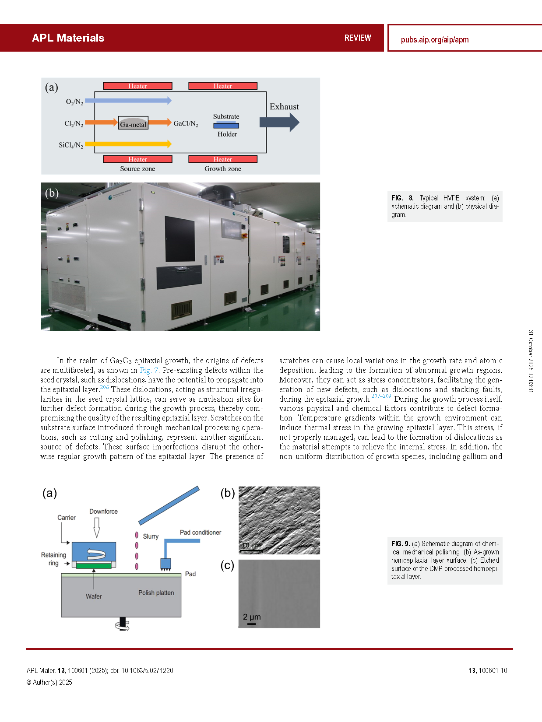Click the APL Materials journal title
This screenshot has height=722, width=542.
68,38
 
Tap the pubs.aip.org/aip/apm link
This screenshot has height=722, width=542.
434,40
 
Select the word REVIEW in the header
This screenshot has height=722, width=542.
357,38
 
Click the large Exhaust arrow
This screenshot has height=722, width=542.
279,122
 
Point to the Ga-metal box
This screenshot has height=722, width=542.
133,123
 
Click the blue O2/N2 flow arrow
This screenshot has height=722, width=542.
128,101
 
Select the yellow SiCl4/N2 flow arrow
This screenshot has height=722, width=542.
128,144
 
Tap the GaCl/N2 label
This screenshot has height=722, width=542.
186,124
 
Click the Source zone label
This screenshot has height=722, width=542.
137,169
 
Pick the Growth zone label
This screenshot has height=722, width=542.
222,169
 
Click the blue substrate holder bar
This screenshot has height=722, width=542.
226,126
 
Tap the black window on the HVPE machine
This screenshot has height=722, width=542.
179,239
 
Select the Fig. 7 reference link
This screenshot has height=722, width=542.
149,370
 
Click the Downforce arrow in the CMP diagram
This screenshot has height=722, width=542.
97,527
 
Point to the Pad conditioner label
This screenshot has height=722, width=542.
200,533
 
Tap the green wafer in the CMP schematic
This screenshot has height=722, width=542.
94,566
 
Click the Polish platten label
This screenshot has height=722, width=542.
156,593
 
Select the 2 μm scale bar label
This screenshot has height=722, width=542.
252,617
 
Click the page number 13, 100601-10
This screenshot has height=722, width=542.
487,670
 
